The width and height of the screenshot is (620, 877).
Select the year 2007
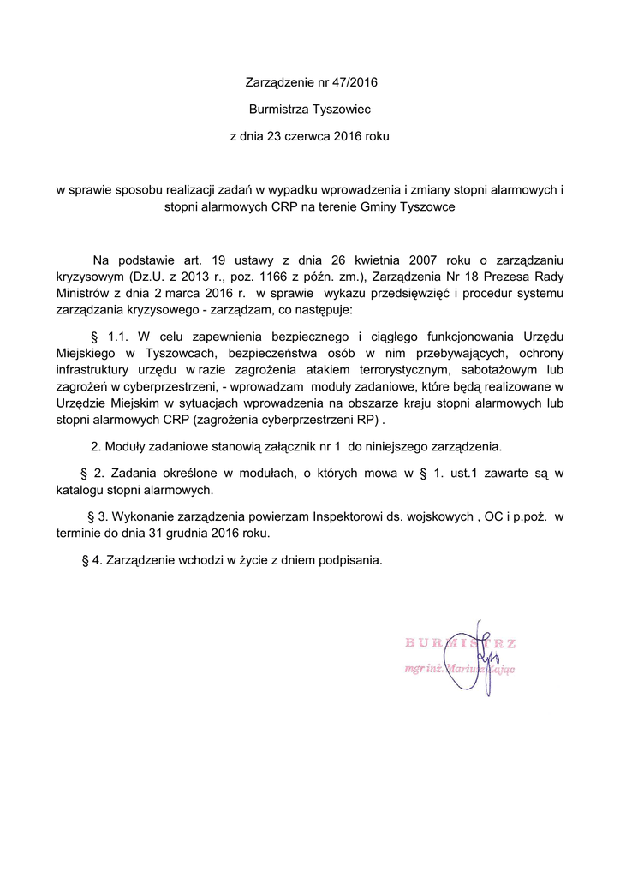click(424, 259)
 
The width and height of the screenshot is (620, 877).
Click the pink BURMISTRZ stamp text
click(459, 642)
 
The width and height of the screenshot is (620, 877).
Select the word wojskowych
click(436, 516)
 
